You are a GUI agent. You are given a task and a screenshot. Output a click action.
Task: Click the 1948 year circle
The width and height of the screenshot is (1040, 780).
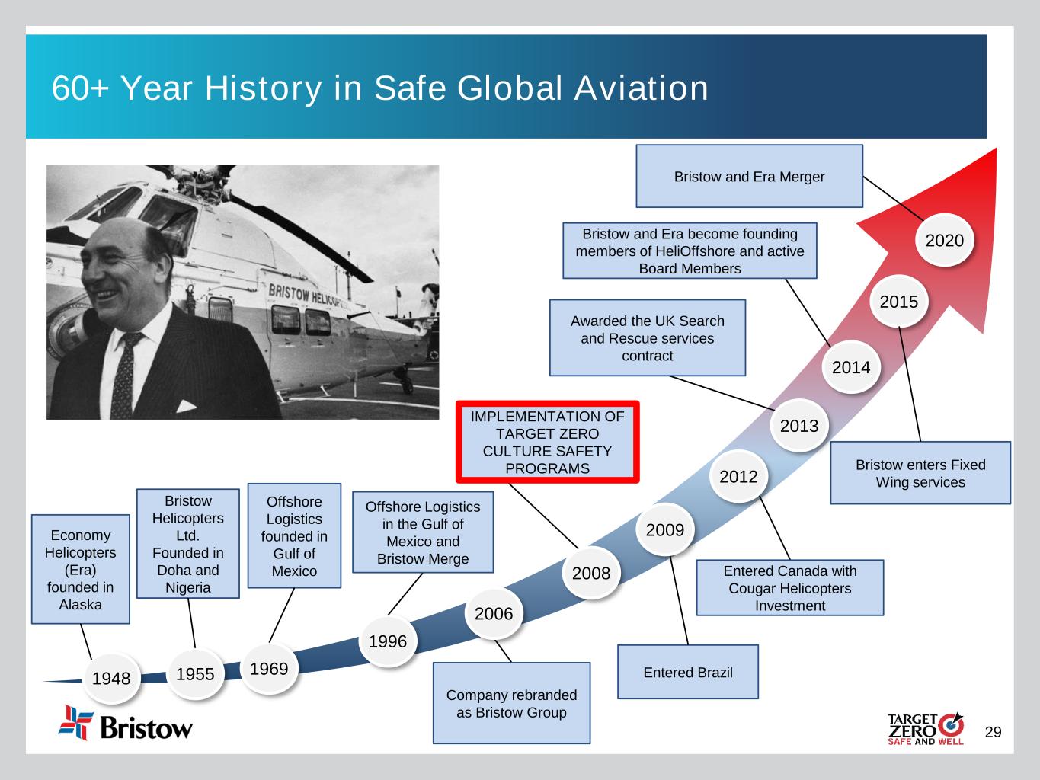111,678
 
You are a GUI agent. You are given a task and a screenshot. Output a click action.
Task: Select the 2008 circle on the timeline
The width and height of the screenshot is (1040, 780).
591,573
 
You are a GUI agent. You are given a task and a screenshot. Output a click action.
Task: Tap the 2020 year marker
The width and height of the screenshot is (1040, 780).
944,240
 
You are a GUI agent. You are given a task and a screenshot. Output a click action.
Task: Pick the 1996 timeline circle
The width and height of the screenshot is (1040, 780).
388,641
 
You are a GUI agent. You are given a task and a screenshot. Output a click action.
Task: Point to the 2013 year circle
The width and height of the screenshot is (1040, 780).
799,426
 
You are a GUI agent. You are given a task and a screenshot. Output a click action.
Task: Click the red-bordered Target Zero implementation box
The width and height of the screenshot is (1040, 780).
547,442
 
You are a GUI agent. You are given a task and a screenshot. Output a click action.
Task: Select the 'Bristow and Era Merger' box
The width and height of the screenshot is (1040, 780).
749,176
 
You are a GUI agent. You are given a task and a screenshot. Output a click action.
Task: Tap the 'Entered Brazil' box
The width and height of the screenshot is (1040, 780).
688,672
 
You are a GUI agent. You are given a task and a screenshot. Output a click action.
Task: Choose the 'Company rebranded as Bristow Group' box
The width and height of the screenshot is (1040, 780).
512,703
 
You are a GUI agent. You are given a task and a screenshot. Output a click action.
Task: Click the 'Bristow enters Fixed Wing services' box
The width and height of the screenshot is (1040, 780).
920,473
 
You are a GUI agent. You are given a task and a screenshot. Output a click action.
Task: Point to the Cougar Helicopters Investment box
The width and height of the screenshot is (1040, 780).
790,588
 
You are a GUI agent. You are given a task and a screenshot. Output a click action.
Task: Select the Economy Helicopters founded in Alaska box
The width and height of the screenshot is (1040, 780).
81,569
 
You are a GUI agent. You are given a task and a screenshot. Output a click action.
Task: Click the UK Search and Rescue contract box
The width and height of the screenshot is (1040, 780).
647,337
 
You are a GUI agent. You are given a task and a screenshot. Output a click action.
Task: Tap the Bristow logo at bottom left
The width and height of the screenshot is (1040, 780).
126,723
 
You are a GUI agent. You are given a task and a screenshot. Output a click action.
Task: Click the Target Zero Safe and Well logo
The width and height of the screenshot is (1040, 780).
926,729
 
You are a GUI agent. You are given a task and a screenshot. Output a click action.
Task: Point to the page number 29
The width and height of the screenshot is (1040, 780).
993,732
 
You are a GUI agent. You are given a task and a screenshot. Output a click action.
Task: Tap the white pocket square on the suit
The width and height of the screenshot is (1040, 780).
186,406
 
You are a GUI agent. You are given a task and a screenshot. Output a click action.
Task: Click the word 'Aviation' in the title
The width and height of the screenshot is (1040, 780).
642,88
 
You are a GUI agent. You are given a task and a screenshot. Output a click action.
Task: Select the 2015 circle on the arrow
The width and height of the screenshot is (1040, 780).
899,302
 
